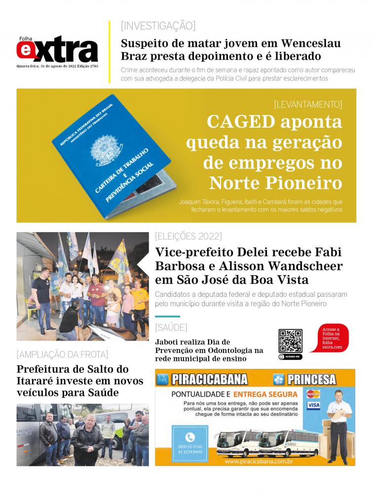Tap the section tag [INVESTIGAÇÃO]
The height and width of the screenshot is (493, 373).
(158, 26)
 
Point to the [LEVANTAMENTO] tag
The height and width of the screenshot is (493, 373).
(307, 104)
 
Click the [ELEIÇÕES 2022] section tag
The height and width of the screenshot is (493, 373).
(188, 235)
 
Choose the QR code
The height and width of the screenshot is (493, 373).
(290, 341)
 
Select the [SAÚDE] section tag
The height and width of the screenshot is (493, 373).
(171, 327)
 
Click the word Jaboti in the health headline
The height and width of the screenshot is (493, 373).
(167, 342)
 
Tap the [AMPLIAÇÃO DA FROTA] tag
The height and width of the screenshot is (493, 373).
(62, 354)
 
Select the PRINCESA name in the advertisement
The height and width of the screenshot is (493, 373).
(311, 380)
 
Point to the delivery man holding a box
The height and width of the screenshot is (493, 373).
(337, 424)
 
